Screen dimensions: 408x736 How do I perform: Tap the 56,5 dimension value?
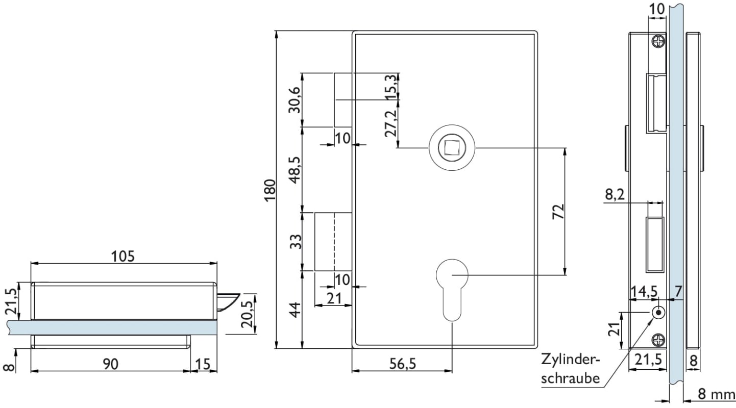403,364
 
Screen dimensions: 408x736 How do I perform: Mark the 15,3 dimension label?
391,85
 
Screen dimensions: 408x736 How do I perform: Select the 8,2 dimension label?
615,194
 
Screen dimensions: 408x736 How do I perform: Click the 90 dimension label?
111,364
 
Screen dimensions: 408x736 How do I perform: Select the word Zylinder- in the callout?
571,360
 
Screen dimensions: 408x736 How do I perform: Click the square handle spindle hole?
452,147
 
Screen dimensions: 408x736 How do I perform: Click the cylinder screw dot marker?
658,312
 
